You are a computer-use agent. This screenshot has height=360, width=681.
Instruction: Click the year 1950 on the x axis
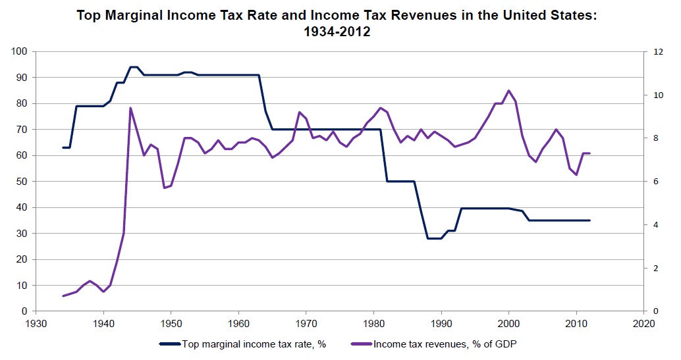pyautogui.click(x=171, y=323)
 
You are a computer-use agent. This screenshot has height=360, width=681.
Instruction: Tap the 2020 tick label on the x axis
pyautogui.click(x=643, y=323)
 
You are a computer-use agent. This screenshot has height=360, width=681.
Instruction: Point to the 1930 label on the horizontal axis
pyautogui.click(x=36, y=323)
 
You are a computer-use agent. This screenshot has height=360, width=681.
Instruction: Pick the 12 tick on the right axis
pyautogui.click(x=657, y=51)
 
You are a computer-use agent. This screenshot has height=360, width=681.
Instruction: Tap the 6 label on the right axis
pyautogui.click(x=655, y=181)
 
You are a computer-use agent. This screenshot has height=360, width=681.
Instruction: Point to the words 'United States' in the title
pyautogui.click(x=549, y=14)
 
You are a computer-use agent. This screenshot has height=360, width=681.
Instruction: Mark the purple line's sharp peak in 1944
pyautogui.click(x=130, y=108)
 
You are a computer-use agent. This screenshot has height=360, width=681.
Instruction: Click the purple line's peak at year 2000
pyautogui.click(x=508, y=91)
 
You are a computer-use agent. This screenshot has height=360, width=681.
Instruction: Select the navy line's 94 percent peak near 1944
pyautogui.click(x=134, y=67)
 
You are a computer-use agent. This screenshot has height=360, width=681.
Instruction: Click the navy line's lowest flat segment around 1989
pyautogui.click(x=434, y=238)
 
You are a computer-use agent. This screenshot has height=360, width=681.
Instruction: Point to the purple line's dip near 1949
pyautogui.click(x=164, y=188)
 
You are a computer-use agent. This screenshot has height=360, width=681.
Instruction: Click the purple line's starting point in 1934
pyautogui.click(x=63, y=296)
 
